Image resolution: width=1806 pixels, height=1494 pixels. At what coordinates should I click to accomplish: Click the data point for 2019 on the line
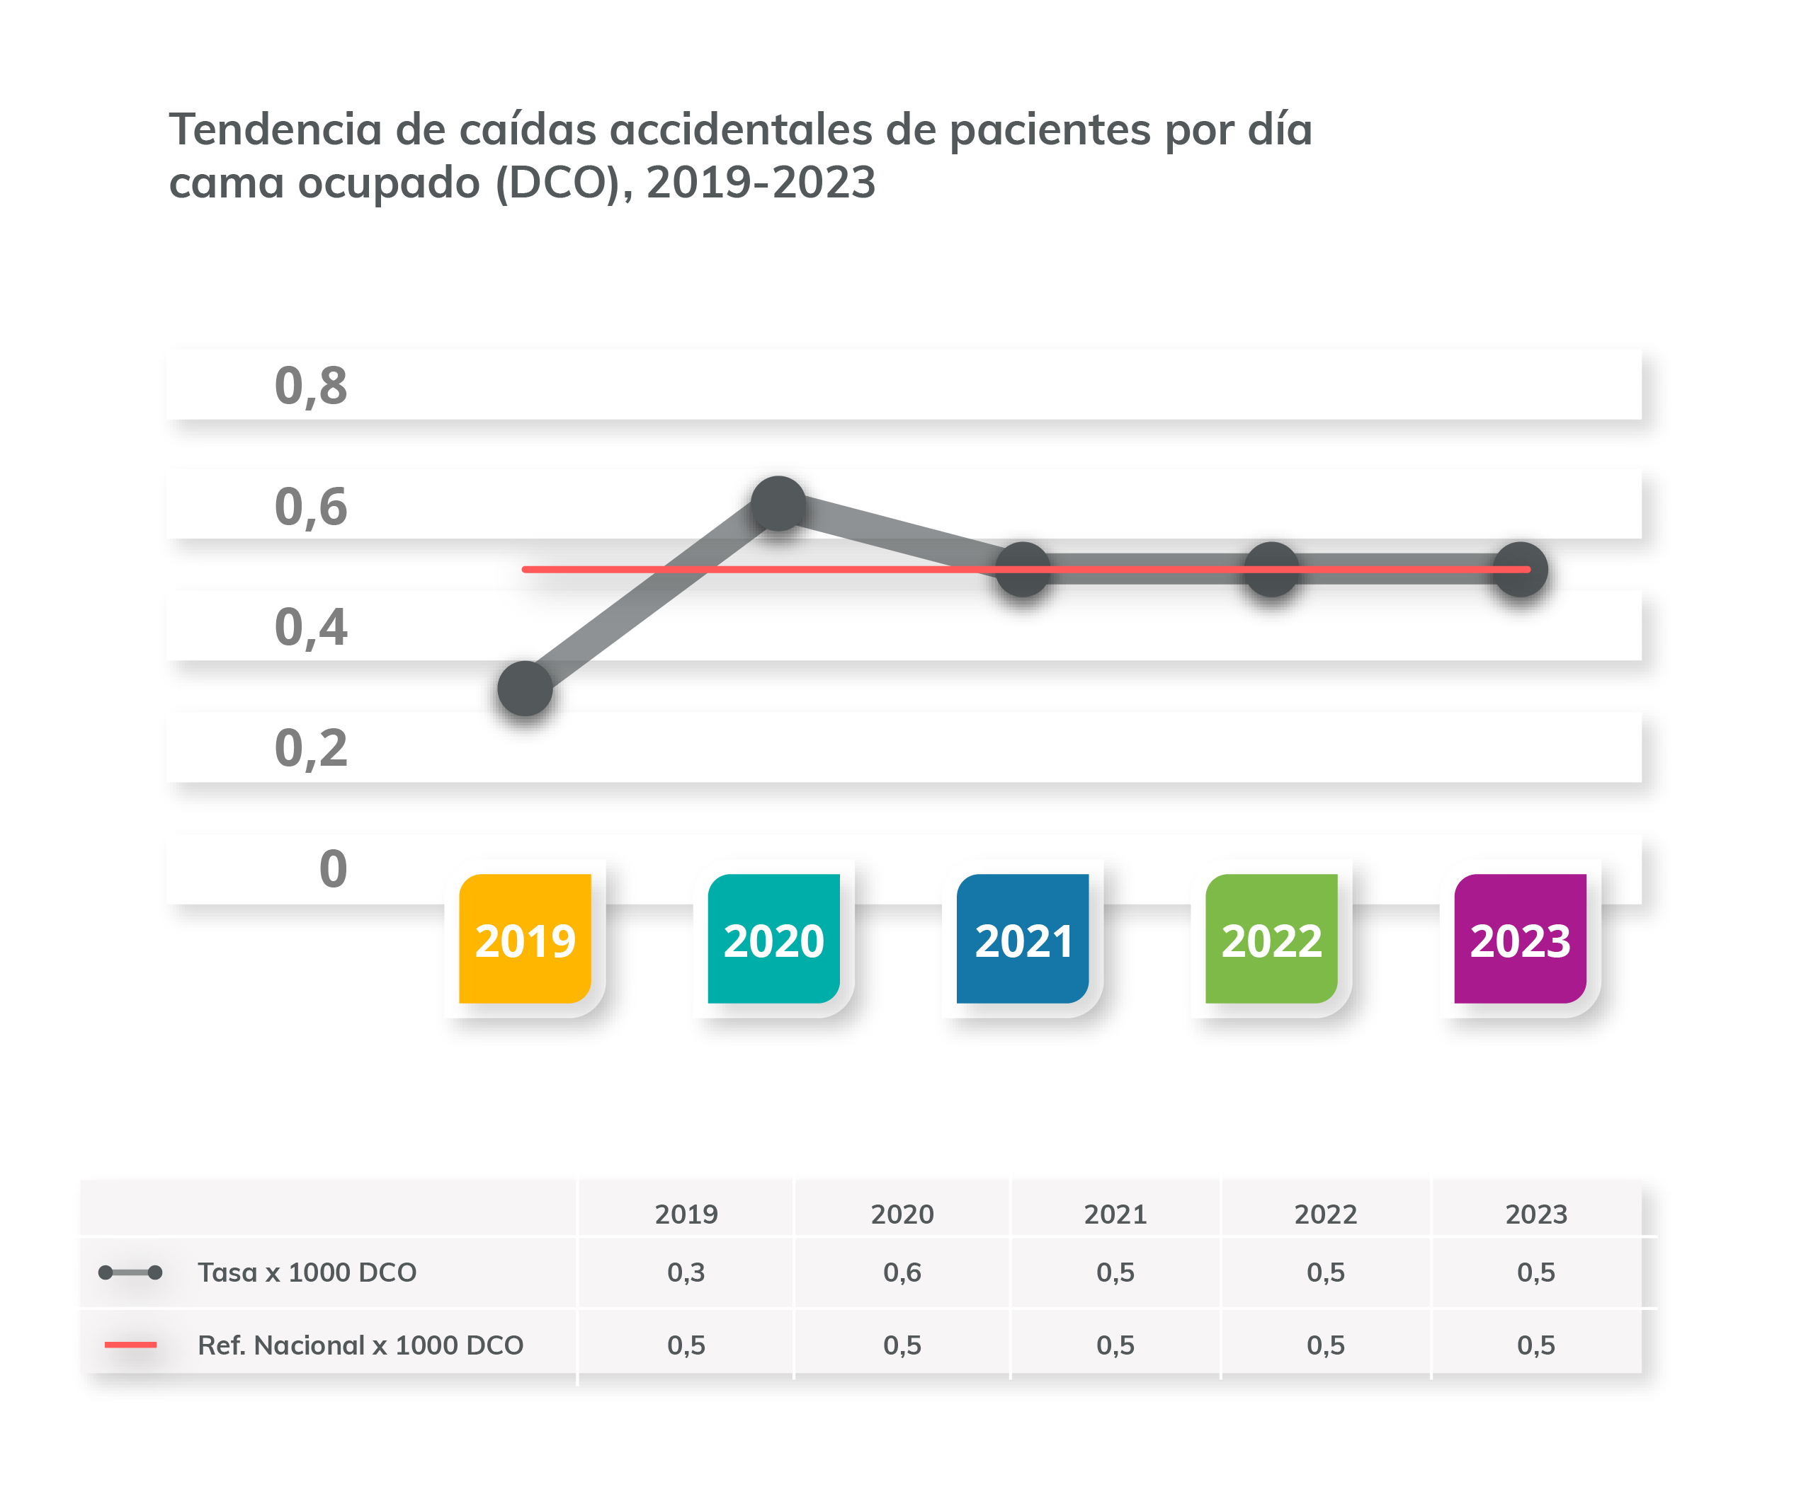tap(525, 688)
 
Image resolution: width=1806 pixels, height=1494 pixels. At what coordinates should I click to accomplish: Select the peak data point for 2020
tap(778, 504)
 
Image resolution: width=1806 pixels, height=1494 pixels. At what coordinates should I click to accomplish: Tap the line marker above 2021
tap(1023, 569)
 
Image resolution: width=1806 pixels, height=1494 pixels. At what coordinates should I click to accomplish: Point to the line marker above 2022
tap(1271, 569)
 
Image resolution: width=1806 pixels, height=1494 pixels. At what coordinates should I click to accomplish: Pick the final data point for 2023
tap(1521, 569)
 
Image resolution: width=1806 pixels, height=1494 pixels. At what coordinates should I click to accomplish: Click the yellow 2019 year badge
tap(525, 938)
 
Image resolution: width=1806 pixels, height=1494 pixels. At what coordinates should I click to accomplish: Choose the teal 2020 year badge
tap(773, 938)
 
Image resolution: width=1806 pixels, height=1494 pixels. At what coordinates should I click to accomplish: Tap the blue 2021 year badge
tap(1023, 938)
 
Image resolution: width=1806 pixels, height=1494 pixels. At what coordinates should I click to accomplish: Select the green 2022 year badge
tap(1271, 938)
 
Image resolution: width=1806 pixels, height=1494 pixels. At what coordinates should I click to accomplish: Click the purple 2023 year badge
tap(1520, 938)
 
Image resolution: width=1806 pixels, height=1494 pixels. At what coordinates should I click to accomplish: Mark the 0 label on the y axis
tap(333, 868)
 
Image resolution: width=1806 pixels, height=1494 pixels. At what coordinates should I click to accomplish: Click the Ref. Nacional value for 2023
tap(1535, 1345)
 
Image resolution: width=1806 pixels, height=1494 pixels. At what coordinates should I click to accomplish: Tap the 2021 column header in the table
tap(1115, 1214)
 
